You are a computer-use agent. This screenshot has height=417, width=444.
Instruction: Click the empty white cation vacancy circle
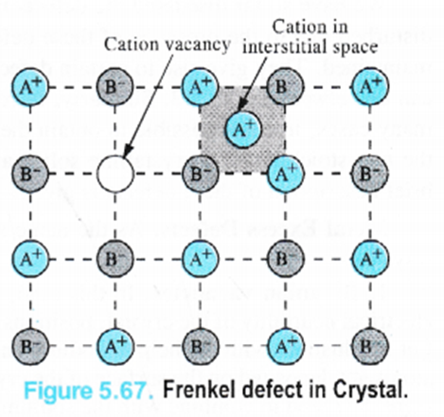click(115, 173)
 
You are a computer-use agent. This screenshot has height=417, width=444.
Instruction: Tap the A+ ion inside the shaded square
click(243, 130)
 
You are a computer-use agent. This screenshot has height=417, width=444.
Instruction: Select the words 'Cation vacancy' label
click(168, 45)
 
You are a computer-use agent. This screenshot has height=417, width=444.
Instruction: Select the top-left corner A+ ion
click(30, 86)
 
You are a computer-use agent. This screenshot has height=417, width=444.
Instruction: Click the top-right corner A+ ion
click(370, 86)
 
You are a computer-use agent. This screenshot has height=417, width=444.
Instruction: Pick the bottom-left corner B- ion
click(30, 347)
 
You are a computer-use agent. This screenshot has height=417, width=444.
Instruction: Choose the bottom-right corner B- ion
click(370, 347)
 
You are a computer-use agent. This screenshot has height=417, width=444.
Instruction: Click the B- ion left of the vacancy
click(30, 173)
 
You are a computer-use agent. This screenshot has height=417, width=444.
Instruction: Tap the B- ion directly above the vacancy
click(115, 86)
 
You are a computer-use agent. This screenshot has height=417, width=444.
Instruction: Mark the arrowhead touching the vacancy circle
click(127, 151)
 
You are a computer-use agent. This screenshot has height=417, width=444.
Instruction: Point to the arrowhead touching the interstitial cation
click(241, 105)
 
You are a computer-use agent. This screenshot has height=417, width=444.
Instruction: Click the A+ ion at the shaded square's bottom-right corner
click(285, 173)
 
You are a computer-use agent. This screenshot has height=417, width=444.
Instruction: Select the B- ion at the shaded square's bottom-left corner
click(200, 173)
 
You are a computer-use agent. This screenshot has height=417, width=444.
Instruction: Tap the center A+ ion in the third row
click(200, 259)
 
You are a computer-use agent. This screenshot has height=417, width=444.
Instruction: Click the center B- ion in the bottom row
click(200, 347)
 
